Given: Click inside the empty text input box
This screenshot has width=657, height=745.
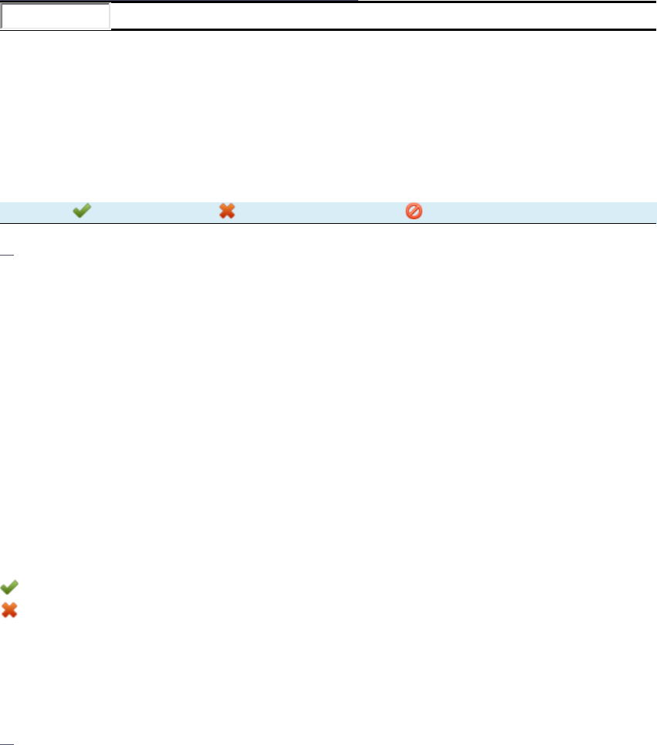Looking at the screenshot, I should click(x=56, y=16).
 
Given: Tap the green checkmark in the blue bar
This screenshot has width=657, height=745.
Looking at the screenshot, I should click(x=81, y=211).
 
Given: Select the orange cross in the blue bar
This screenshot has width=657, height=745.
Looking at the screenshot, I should click(x=226, y=211).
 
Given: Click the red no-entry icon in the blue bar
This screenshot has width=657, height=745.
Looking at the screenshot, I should click(x=414, y=211).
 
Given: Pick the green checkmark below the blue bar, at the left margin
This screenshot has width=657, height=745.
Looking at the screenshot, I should click(x=9, y=587).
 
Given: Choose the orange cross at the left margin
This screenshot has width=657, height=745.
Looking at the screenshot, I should click(x=9, y=610).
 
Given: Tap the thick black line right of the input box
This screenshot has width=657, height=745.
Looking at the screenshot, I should click(x=386, y=29).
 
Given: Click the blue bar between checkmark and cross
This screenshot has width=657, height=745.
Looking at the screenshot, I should click(x=154, y=211).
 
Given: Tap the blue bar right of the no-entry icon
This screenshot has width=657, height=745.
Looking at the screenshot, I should click(x=540, y=211).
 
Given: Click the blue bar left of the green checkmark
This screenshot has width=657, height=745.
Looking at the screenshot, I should click(x=35, y=211).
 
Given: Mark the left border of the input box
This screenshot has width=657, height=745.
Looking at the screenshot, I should click(x=2, y=16).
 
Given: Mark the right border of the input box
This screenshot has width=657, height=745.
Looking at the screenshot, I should click(x=110, y=16).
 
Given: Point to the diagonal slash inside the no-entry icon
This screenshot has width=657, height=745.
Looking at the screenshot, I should click(x=414, y=211).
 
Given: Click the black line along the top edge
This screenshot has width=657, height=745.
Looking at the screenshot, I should click(x=178, y=1).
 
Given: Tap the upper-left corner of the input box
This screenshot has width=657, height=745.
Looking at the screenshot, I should click(x=2, y=4).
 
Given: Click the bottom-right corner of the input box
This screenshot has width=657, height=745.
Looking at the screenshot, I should click(x=110, y=29).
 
